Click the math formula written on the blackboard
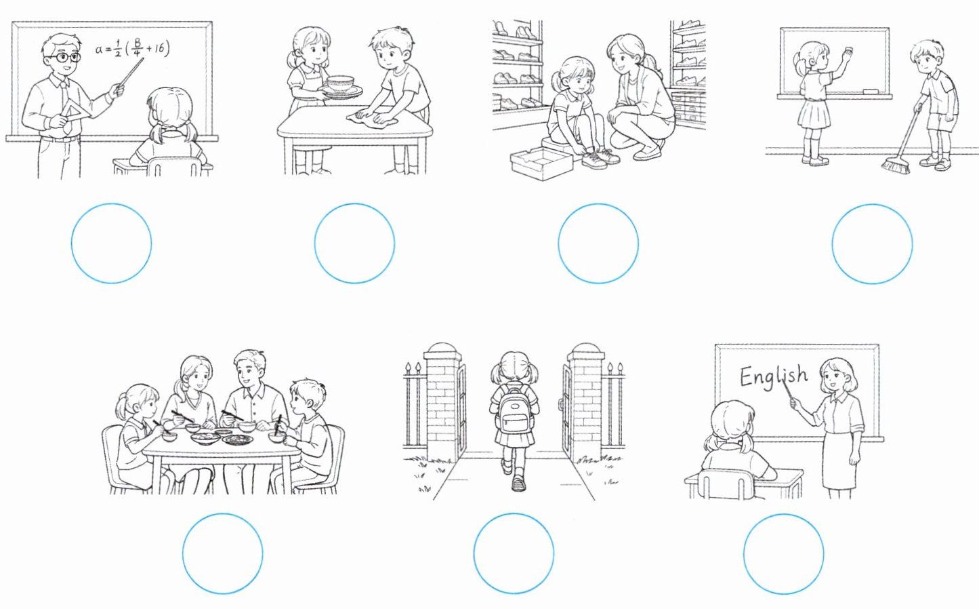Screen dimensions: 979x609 click(132, 48)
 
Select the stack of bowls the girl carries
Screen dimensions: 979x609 click(341, 86)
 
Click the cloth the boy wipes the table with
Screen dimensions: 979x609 click(373, 119)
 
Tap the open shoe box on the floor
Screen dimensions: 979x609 click(541, 163)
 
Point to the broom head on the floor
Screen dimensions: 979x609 click(895, 165)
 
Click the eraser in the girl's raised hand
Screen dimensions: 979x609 click(848, 50)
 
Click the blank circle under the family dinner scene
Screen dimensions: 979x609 click(222, 553)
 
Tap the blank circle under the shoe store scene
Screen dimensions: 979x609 click(598, 243)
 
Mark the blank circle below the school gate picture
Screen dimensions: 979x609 click(514, 553)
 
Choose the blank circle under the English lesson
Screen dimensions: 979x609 click(784, 554)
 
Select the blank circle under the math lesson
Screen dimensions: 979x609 click(111, 243)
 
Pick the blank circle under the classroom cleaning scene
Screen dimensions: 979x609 click(872, 243)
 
